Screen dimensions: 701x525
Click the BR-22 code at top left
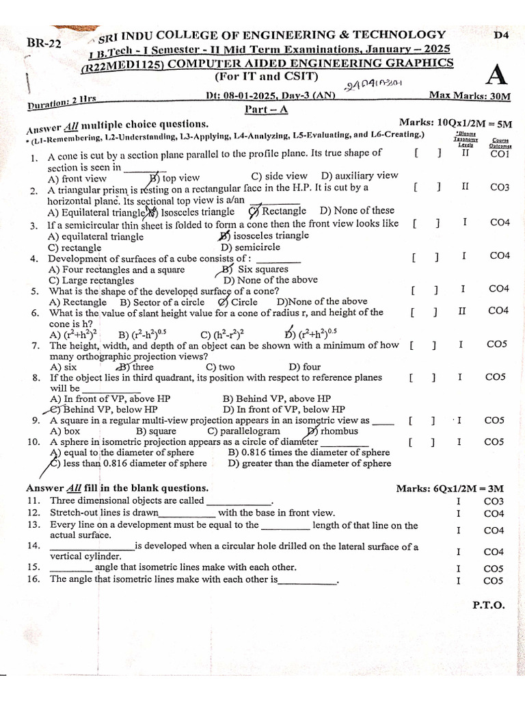point(44,43)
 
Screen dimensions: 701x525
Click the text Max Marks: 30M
point(469,96)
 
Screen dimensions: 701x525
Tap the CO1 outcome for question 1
point(500,154)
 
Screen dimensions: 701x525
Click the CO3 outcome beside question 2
point(500,187)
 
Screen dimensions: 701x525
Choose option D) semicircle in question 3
point(250,247)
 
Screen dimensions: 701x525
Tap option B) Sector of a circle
point(162,302)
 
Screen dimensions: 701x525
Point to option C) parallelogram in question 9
point(244,431)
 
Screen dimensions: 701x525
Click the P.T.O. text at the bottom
point(488,604)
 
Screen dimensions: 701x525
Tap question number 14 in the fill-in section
point(33,546)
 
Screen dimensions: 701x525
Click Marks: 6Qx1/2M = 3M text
point(450,488)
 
